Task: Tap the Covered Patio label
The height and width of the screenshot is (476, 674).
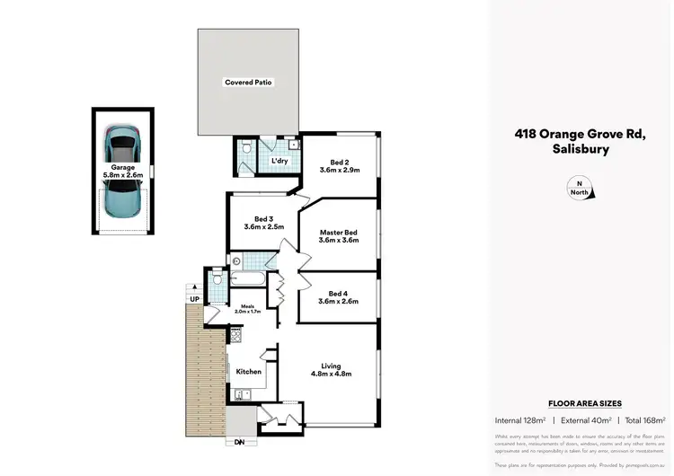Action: [x=248, y=83]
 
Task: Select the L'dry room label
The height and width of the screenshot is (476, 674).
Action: [x=279, y=162]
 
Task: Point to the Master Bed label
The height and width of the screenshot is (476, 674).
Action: [x=339, y=235]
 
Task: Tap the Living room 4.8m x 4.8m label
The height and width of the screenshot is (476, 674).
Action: [x=331, y=369]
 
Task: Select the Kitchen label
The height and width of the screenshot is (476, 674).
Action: [x=248, y=371]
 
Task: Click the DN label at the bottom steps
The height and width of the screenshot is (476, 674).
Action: [x=239, y=442]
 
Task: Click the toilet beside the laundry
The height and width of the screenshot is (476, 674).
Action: [x=248, y=154]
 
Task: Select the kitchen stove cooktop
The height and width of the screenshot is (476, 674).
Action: [x=236, y=335]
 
